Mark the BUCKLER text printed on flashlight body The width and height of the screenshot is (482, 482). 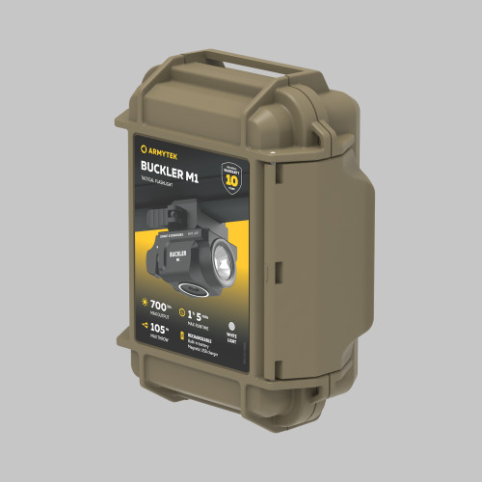tap(174, 262)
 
